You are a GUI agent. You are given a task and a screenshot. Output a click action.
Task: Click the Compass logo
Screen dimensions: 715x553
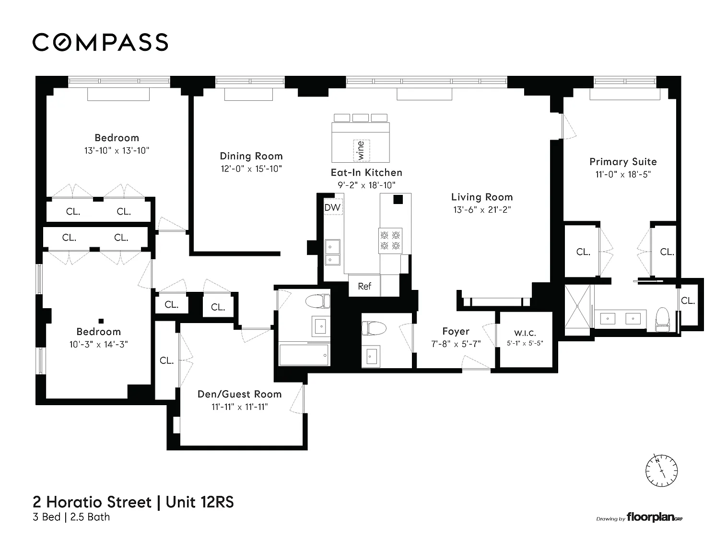(100, 42)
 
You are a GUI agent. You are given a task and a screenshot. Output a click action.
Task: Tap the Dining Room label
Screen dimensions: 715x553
(251, 156)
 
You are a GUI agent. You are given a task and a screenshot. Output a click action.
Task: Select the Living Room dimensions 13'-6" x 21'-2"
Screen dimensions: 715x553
(482, 209)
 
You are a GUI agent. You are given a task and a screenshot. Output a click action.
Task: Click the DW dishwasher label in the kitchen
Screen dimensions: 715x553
(332, 207)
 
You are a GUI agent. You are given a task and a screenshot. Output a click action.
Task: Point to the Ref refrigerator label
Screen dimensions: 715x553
(364, 286)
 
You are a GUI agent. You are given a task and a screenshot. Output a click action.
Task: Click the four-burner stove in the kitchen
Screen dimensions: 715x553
(390, 240)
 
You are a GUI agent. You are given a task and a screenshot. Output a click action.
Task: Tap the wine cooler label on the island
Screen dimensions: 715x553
(361, 151)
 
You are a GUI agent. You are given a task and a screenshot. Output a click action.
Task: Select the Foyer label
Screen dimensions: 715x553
(456, 331)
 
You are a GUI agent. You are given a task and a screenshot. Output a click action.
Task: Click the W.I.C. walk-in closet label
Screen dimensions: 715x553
(525, 333)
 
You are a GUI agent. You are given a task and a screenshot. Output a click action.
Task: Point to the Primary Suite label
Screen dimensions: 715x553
(623, 162)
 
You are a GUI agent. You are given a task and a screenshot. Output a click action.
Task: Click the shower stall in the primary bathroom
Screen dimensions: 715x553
(577, 306)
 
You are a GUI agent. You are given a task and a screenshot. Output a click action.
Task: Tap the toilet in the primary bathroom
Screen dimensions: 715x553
(662, 320)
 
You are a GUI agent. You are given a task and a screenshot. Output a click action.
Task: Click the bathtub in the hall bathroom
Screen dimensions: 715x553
(304, 355)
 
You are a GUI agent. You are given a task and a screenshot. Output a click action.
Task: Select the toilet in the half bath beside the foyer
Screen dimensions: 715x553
(374, 328)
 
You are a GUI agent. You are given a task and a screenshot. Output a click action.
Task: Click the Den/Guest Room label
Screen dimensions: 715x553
(240, 394)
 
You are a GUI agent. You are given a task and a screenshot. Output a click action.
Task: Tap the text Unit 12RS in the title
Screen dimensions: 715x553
(199, 502)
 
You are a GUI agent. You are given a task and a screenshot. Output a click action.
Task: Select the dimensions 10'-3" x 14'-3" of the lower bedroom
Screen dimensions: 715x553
(98, 344)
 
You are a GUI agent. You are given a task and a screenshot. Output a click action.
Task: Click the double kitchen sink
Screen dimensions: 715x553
(332, 252)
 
